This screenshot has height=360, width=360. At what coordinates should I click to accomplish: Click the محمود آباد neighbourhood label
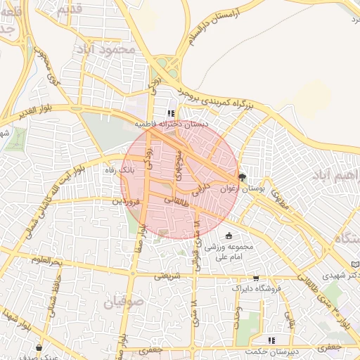[107, 50]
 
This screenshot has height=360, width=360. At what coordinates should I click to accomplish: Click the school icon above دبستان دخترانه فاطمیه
[170, 112]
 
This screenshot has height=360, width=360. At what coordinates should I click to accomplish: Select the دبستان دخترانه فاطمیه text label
[172, 124]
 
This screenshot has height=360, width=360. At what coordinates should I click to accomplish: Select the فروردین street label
[128, 202]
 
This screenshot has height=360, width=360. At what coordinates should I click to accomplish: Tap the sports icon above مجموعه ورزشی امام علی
[229, 236]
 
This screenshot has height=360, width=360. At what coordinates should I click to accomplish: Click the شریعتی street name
[168, 275]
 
